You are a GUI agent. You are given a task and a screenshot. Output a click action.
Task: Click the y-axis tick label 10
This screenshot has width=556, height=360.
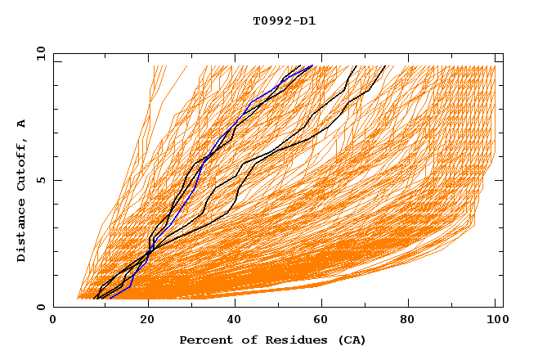40,54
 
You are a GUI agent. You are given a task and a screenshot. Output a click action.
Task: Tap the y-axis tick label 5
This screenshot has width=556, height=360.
43,180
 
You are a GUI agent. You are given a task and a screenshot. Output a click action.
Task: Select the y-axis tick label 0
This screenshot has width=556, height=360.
43,307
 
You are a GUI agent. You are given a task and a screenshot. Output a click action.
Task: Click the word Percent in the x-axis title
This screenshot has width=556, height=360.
202,340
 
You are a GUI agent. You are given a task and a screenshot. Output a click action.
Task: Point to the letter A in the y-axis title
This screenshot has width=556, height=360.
22,124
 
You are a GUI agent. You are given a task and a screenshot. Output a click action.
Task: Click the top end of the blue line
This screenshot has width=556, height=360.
312,65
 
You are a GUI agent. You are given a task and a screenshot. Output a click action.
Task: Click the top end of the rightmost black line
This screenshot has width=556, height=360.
387,65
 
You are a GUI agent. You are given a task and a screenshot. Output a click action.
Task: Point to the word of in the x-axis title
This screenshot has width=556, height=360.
242,340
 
